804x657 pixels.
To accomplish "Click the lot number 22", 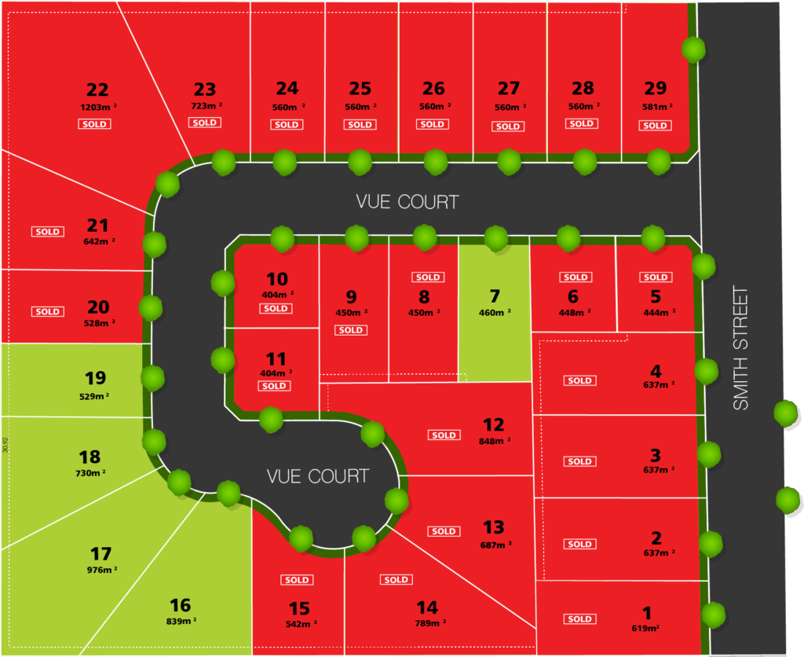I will click(97, 90).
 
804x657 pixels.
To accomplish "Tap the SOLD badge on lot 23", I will click(204, 123).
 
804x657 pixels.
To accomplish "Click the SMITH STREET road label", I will click(740, 348).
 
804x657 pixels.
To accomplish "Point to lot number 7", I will click(495, 296).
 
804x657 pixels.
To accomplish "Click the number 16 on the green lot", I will click(181, 605).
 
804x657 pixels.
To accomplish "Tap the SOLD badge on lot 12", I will click(444, 435).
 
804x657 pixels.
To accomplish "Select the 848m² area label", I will click(495, 442).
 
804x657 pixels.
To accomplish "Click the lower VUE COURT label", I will click(318, 476).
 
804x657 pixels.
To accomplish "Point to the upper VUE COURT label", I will click(407, 202).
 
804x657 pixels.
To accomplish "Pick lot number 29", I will click(655, 89).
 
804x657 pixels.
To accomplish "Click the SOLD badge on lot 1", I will click(579, 618).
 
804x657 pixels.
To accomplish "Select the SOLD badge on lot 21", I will click(47, 232).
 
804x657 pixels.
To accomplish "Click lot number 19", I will click(95, 379).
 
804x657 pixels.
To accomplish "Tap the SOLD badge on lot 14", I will click(396, 580).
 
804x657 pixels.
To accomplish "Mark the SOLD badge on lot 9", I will click(350, 330).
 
